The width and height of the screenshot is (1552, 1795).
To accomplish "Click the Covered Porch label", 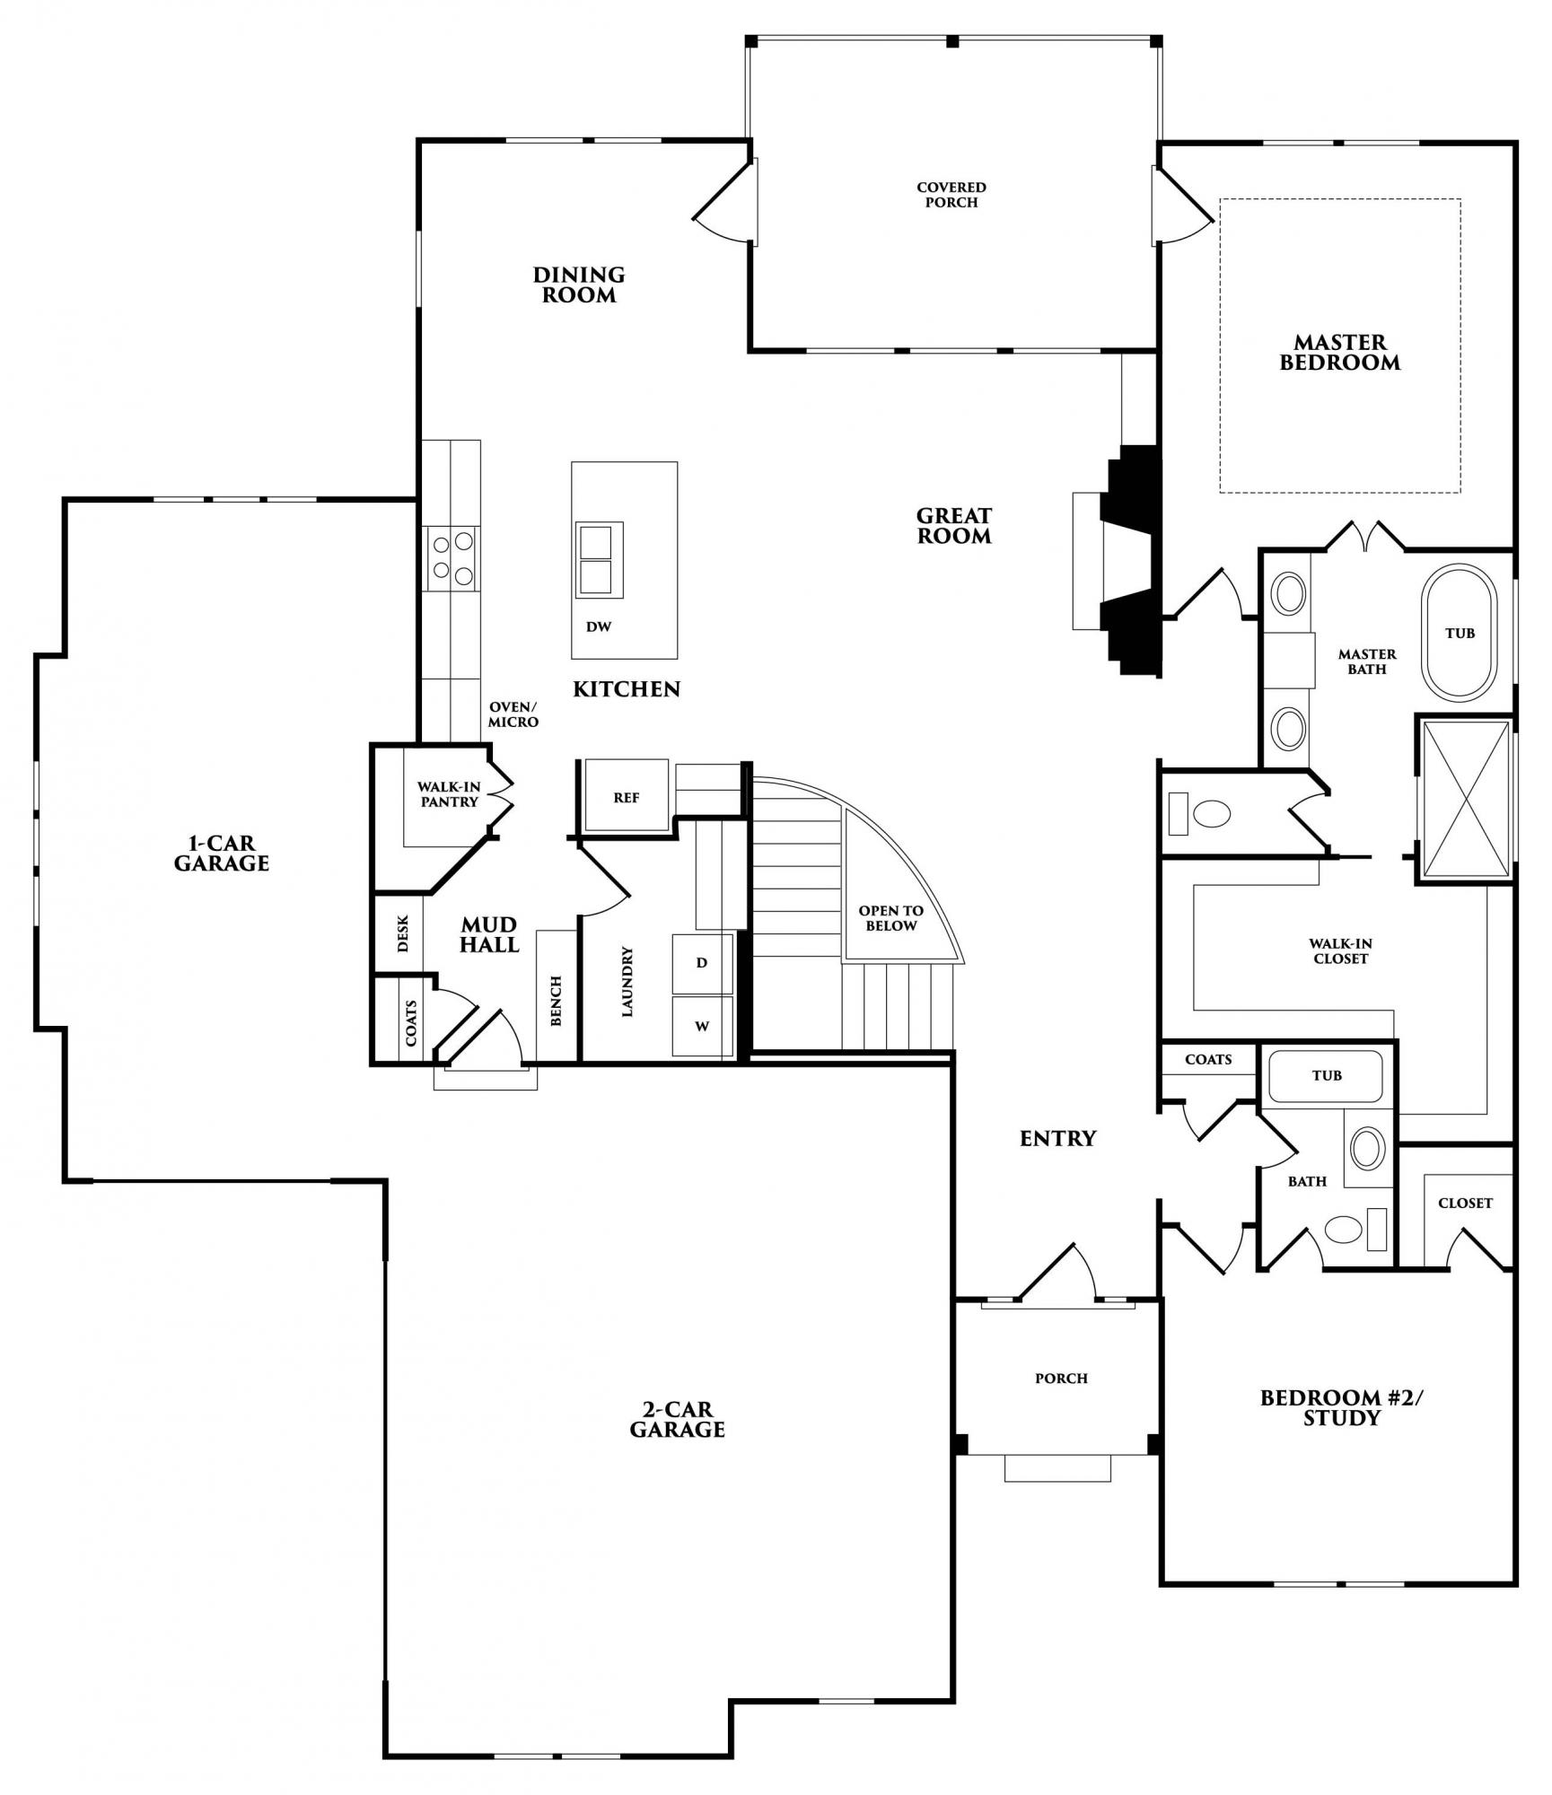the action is (951, 195).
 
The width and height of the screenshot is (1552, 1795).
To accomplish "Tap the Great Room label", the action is (953, 526).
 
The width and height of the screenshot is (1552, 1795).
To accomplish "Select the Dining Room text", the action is (579, 285).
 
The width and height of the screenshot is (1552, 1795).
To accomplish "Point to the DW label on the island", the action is (599, 626).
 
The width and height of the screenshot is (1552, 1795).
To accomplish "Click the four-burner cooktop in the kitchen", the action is (451, 557).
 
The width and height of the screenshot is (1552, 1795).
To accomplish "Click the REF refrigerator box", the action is (627, 796).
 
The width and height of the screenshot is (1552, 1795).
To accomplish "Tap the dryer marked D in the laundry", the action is (702, 962).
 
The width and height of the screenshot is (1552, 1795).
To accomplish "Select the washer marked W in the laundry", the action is (702, 1026).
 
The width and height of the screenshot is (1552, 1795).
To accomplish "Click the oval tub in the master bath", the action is (1459, 632).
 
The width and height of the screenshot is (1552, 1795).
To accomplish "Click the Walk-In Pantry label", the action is (449, 794).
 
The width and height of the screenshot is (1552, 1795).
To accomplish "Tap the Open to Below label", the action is (890, 918).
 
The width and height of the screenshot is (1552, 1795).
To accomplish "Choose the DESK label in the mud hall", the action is (403, 933).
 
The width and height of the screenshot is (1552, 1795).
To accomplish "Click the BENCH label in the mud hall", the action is (556, 1001).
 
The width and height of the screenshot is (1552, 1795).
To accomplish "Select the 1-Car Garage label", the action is (221, 854).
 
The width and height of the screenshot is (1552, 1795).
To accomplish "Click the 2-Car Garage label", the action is (677, 1420).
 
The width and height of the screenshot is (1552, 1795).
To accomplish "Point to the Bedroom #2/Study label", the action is (1342, 1408).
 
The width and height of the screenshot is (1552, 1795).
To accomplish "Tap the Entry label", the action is (1058, 1138).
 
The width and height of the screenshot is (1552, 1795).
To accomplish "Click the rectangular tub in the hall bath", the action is (1325, 1076).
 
